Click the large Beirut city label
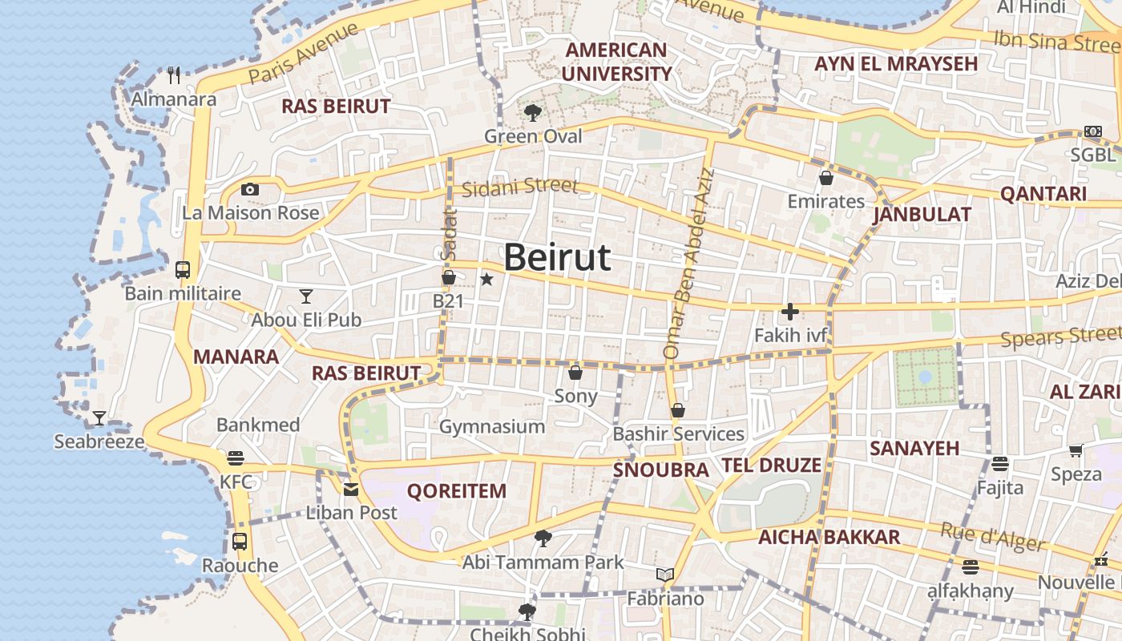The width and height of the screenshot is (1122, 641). coord(557,257)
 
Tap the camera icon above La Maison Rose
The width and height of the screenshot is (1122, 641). coord(250,190)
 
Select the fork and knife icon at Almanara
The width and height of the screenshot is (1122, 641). coord(175,75)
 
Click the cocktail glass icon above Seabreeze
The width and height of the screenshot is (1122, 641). coord(99,417)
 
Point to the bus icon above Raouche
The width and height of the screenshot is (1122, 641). coord(240,541)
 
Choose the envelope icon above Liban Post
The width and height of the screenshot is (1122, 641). coord(351,489)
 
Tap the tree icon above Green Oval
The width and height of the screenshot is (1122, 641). coord(532,112)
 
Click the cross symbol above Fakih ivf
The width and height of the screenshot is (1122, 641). coord(790,312)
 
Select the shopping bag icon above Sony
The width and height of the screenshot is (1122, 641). coord(575,373)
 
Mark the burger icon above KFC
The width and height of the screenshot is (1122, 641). coord(236,458)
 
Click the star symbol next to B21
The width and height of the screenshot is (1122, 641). coord(486,280)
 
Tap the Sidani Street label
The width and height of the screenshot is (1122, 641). coord(519,187)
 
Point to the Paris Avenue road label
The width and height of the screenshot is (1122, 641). coord(304,53)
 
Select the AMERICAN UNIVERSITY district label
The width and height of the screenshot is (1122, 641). coord(616,62)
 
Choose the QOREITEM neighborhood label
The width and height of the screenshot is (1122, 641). coord(457,491)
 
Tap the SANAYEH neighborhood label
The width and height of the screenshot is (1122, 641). coord(914,448)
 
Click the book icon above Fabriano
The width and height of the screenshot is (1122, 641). coord(665,574)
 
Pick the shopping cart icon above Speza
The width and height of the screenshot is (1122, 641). coord(1076,451)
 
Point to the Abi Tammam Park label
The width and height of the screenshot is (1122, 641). coord(543,562)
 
